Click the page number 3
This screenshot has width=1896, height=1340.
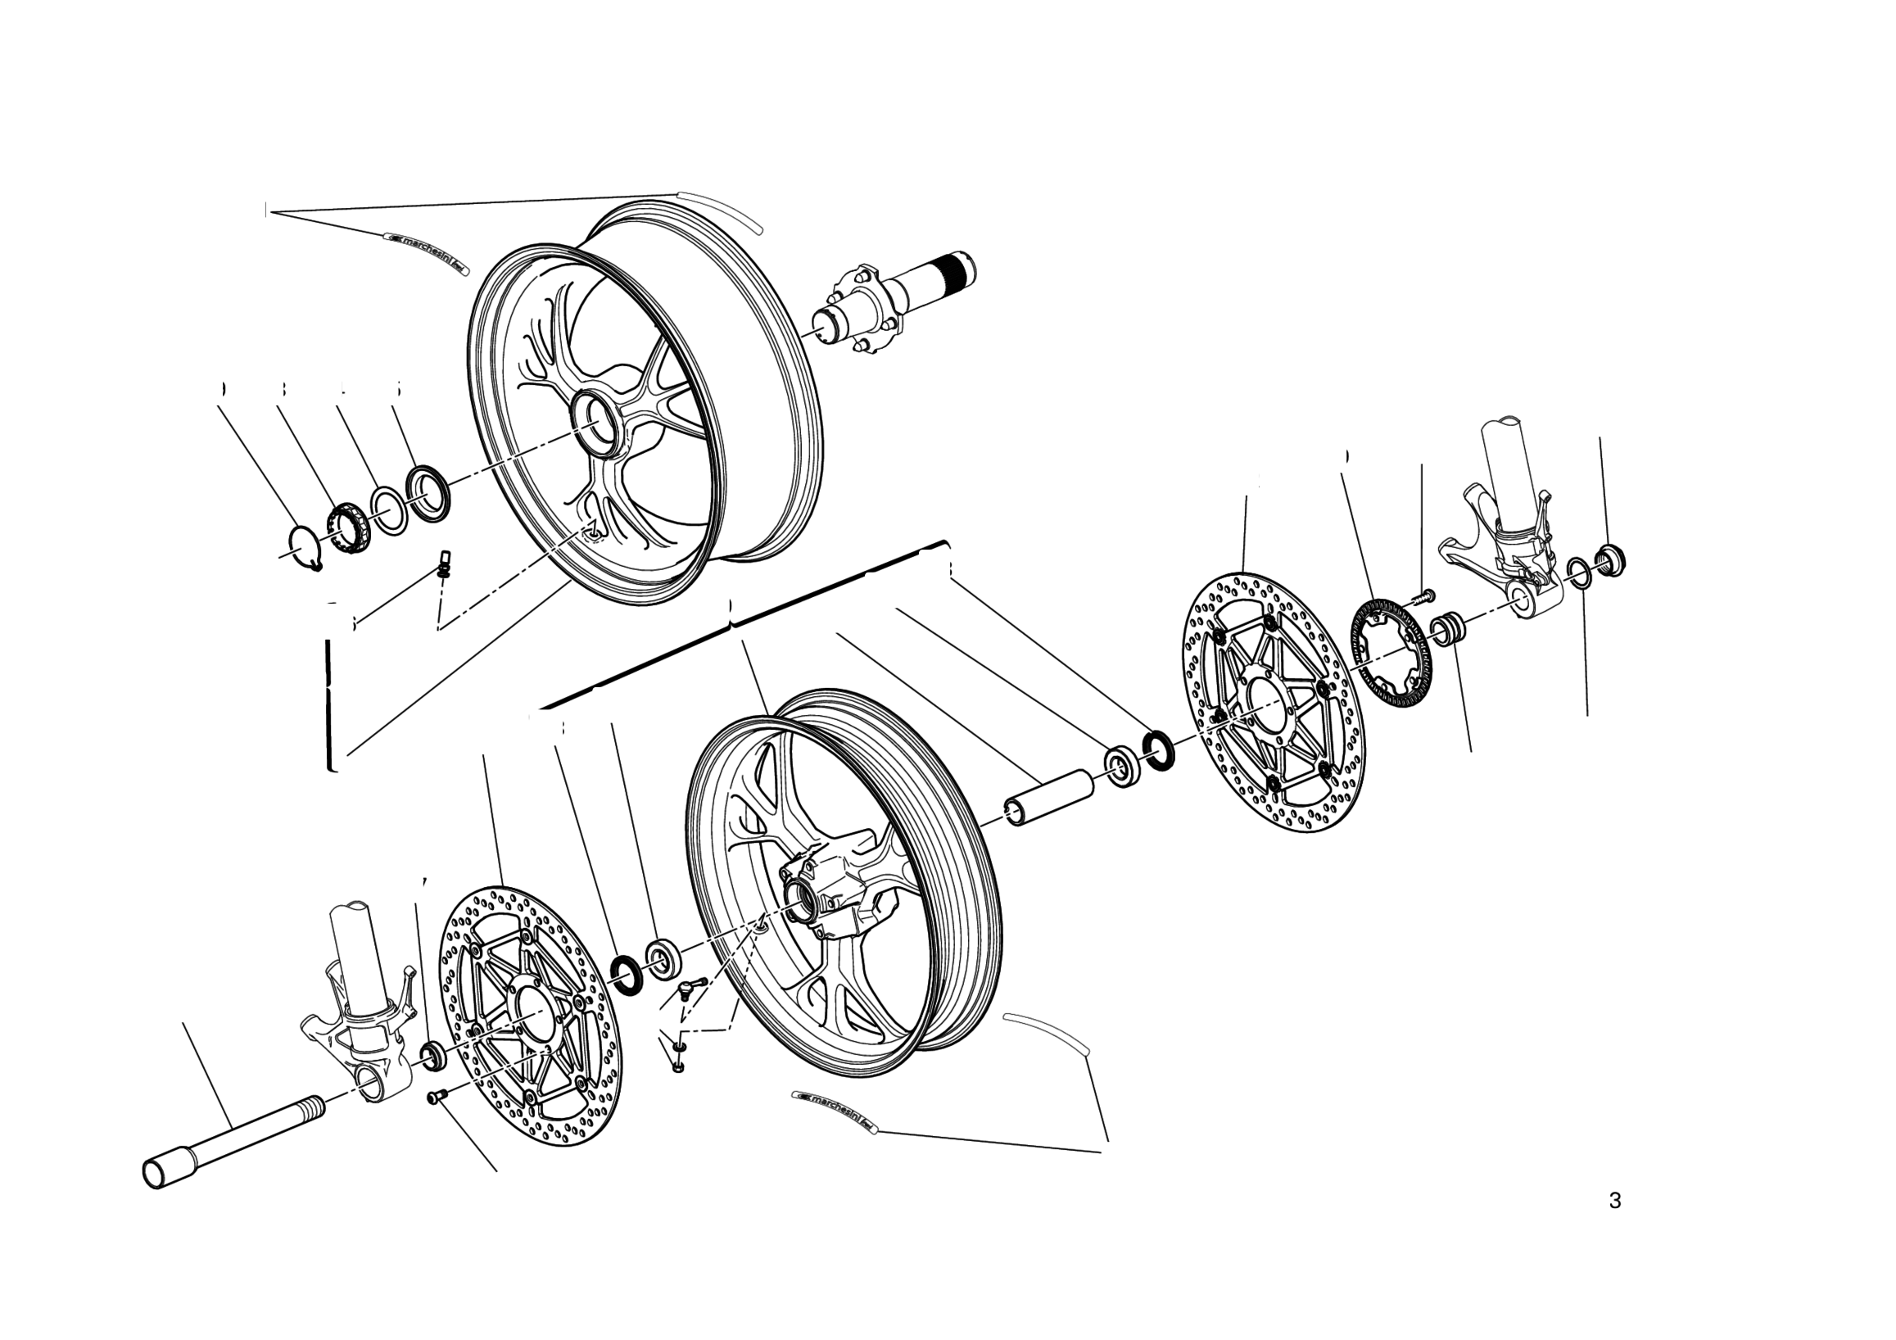(1615, 1201)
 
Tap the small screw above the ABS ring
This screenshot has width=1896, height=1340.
(1423, 595)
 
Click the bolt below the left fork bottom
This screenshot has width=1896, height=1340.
(436, 1097)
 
